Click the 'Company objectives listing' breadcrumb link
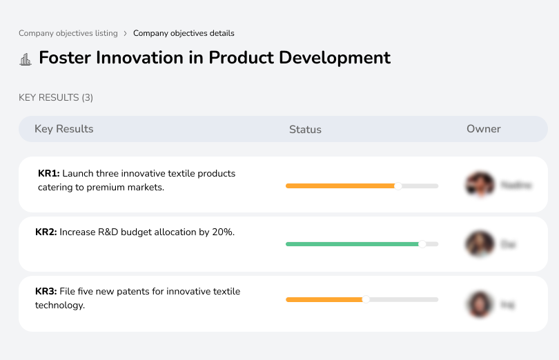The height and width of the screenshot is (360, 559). pos(68,33)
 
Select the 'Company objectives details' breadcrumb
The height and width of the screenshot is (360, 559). pos(184,33)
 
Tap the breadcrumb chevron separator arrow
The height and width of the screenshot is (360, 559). pos(125,33)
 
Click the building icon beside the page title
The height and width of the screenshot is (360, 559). pos(26,59)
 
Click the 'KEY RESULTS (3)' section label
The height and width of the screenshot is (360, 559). pos(56,98)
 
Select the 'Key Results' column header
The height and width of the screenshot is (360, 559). pos(63,129)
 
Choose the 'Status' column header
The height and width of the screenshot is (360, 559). pos(305,130)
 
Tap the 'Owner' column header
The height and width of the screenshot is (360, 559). pos(483,129)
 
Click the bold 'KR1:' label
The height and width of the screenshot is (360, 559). pos(49,173)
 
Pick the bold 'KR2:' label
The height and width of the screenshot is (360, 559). pos(46,232)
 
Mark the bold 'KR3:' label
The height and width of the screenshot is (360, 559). pos(46,292)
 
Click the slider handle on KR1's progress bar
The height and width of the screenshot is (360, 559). pos(398,186)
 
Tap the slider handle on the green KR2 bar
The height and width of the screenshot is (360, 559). pos(422,243)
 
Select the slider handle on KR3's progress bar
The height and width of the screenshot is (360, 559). pos(366,299)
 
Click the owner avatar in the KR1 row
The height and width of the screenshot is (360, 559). pos(480,185)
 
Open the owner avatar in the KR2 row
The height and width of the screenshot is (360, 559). pos(480,244)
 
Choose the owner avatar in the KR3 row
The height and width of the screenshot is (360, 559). pos(480,303)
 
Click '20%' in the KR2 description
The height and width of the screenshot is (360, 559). pos(223,232)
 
